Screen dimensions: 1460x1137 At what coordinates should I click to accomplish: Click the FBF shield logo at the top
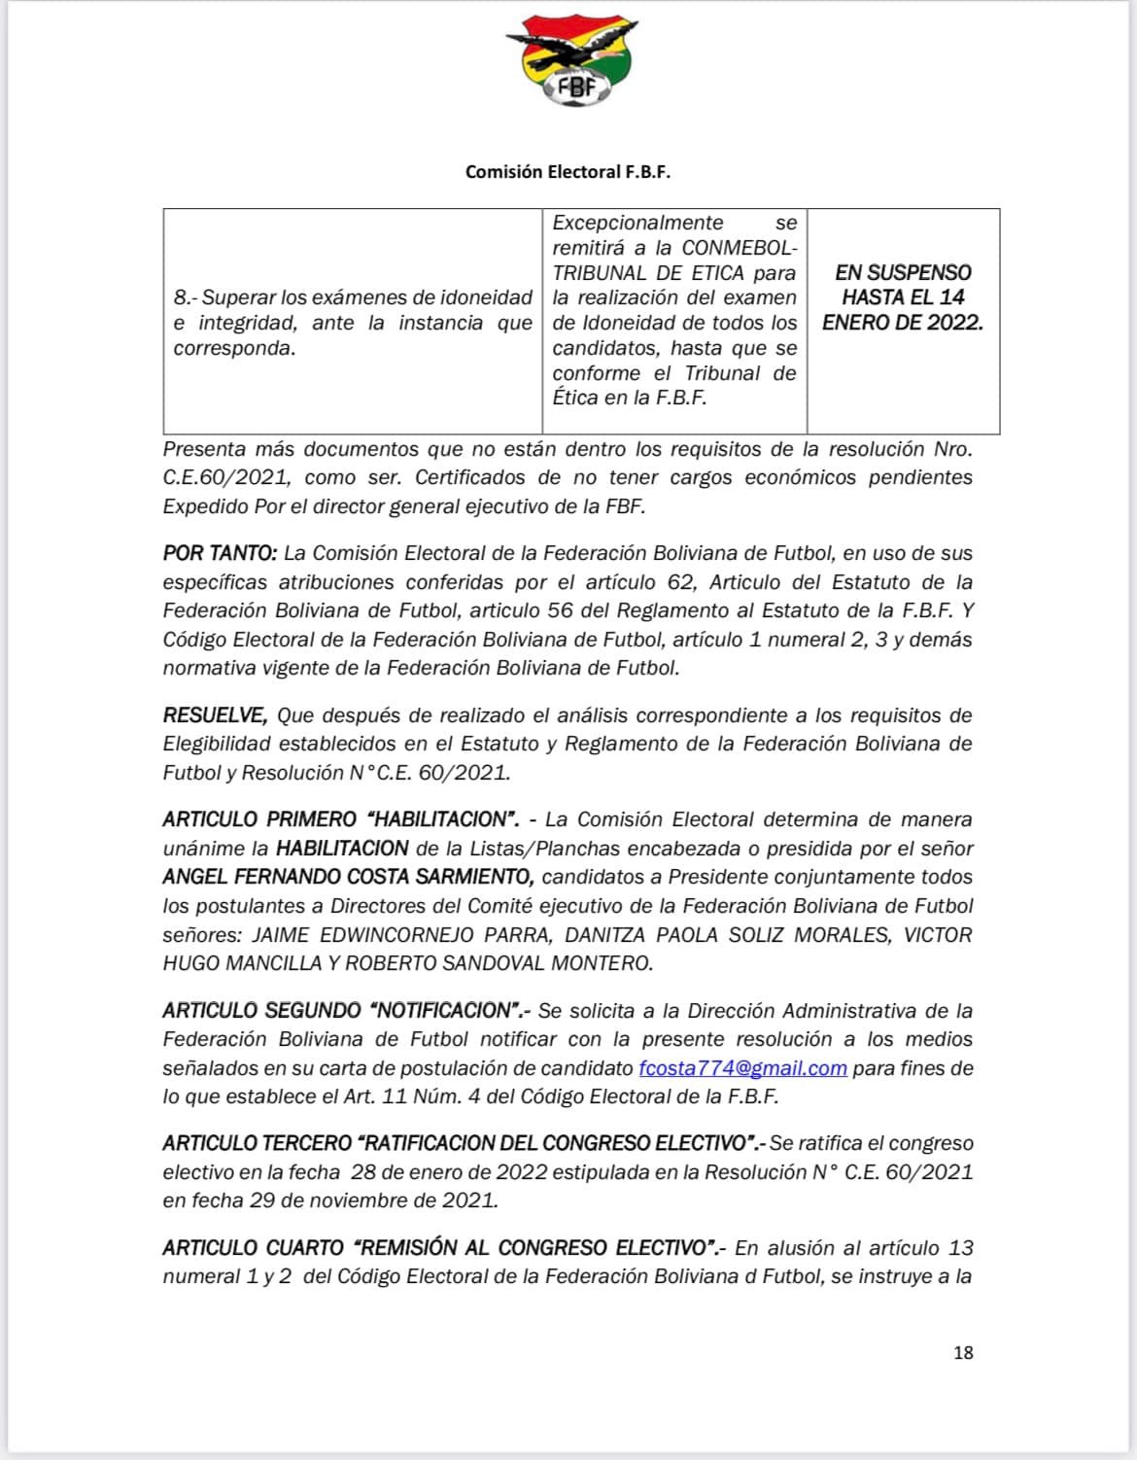pyautogui.click(x=570, y=62)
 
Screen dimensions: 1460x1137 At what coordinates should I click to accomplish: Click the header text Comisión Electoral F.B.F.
pyautogui.click(x=568, y=172)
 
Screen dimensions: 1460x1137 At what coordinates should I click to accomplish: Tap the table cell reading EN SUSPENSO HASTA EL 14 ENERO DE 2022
pyautogui.click(x=903, y=297)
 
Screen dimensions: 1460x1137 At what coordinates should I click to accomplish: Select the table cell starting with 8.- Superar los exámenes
pyautogui.click(x=352, y=322)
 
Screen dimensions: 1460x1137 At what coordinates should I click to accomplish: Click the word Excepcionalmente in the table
pyautogui.click(x=637, y=223)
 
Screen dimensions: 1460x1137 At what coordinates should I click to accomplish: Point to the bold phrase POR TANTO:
pyautogui.click(x=221, y=553)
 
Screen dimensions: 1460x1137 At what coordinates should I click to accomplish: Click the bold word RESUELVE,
pyautogui.click(x=215, y=715)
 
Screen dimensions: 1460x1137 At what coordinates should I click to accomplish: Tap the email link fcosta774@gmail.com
pyautogui.click(x=742, y=1068)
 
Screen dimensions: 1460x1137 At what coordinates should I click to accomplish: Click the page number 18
pyautogui.click(x=963, y=1352)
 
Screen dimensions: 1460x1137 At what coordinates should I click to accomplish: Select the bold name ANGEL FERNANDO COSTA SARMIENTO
pyautogui.click(x=348, y=877)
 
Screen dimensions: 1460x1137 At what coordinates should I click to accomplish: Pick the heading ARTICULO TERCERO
pyautogui.click(x=257, y=1143)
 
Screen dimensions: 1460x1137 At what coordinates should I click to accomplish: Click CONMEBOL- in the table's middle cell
pyautogui.click(x=739, y=248)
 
